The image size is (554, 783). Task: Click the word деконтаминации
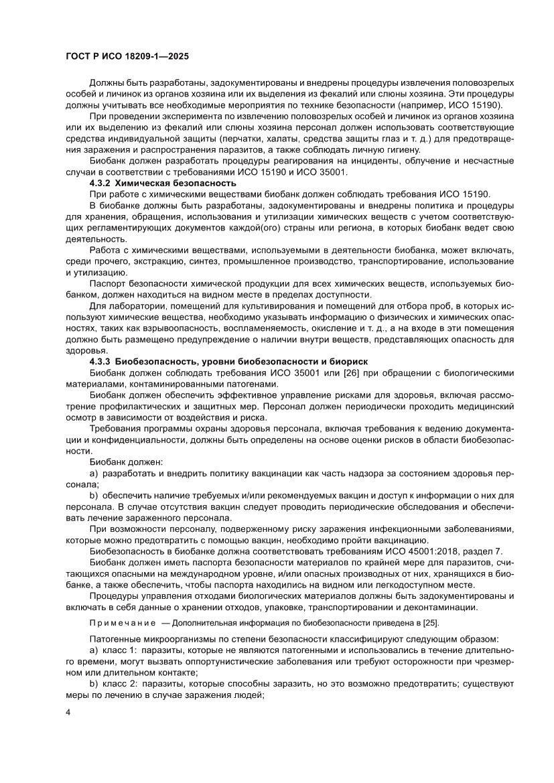click(x=443, y=607)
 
